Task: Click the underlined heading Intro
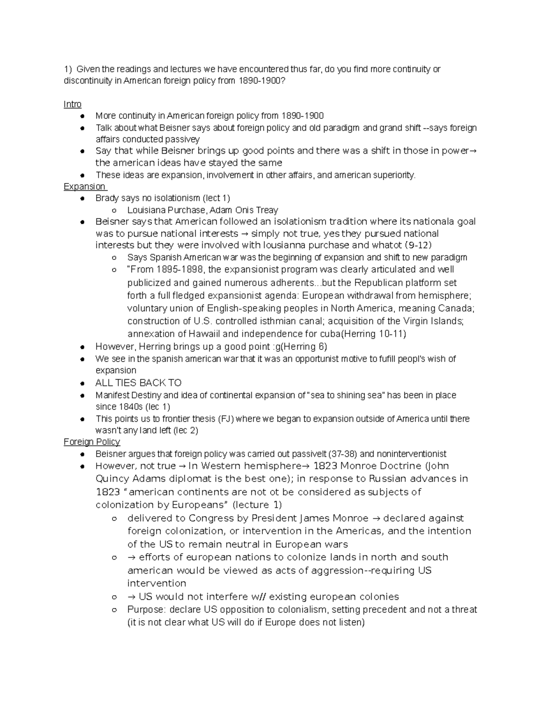[72, 104]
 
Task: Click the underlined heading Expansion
[84, 187]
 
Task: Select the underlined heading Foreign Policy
[92, 442]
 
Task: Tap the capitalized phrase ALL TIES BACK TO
[138, 383]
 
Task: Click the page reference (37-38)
[343, 454]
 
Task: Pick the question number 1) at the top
[68, 69]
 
